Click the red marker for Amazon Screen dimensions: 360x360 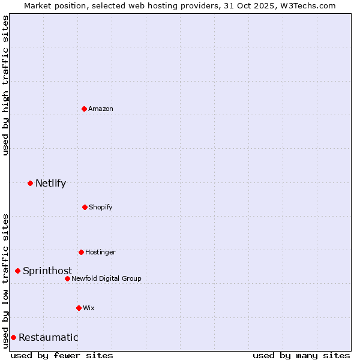[84, 109]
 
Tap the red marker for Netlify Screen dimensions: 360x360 [30, 183]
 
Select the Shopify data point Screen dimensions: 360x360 [85, 207]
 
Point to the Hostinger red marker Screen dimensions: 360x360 [81, 252]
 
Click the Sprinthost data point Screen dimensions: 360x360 [17, 271]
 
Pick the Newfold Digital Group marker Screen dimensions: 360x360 [67, 278]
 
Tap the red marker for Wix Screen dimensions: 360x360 [79, 308]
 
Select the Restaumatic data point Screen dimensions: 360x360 [13, 337]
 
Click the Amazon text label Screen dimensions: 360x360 [101, 109]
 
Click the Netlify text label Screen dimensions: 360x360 [50, 183]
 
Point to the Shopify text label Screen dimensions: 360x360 [101, 207]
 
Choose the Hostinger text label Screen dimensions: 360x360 [100, 252]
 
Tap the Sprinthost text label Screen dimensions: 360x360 [47, 271]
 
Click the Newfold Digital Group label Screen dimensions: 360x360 [107, 278]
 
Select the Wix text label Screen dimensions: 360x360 [89, 308]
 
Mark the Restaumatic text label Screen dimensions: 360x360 [48, 337]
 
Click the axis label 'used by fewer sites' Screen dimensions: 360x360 [62, 355]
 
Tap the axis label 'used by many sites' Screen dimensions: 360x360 [301, 355]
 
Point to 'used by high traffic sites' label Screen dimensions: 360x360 [5, 85]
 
